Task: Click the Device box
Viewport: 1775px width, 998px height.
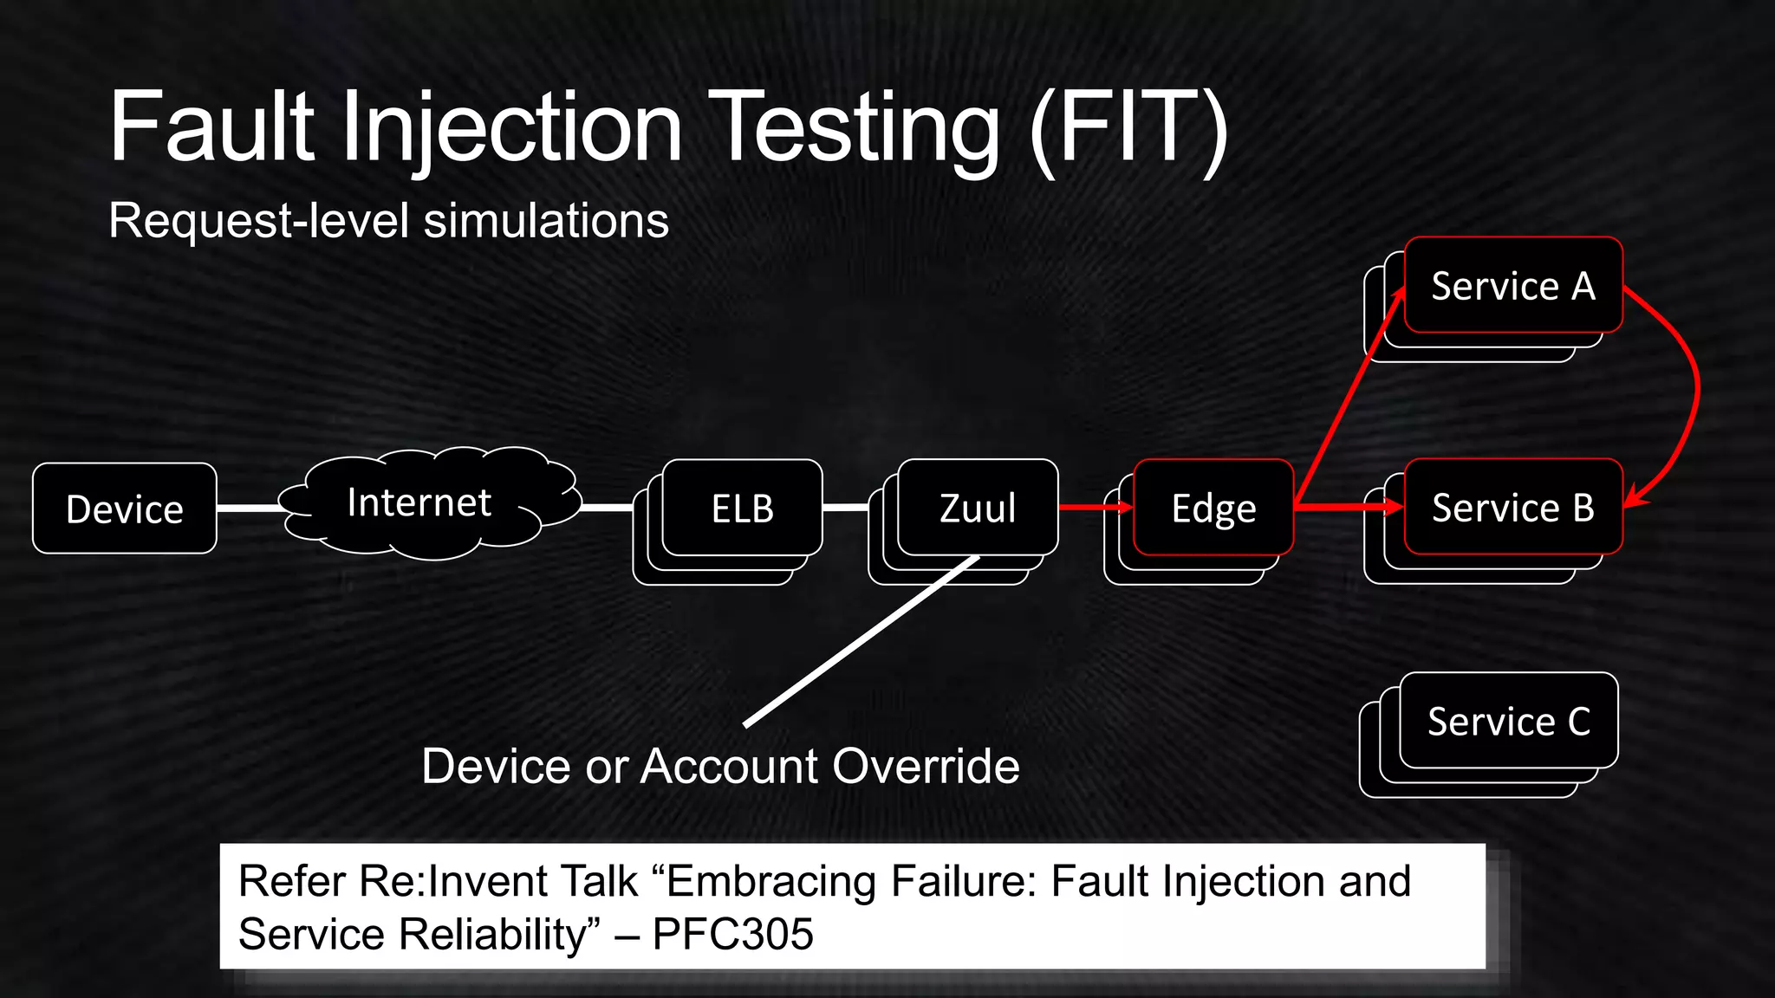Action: (125, 509)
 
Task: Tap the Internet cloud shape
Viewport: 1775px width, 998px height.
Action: (419, 502)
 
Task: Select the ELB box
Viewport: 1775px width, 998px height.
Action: (742, 508)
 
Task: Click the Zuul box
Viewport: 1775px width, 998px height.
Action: (978, 508)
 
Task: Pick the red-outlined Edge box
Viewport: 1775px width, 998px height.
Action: (1213, 508)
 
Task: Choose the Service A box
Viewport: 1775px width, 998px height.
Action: (1513, 286)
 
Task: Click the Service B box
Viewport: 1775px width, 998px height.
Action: (1513, 507)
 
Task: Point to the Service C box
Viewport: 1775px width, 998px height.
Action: (1509, 721)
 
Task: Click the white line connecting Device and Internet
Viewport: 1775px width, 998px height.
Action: (250, 508)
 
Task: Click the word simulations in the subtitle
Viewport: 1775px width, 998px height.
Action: (546, 220)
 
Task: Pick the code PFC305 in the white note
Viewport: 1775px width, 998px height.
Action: (732, 934)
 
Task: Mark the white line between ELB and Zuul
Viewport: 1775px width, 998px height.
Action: (845, 507)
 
